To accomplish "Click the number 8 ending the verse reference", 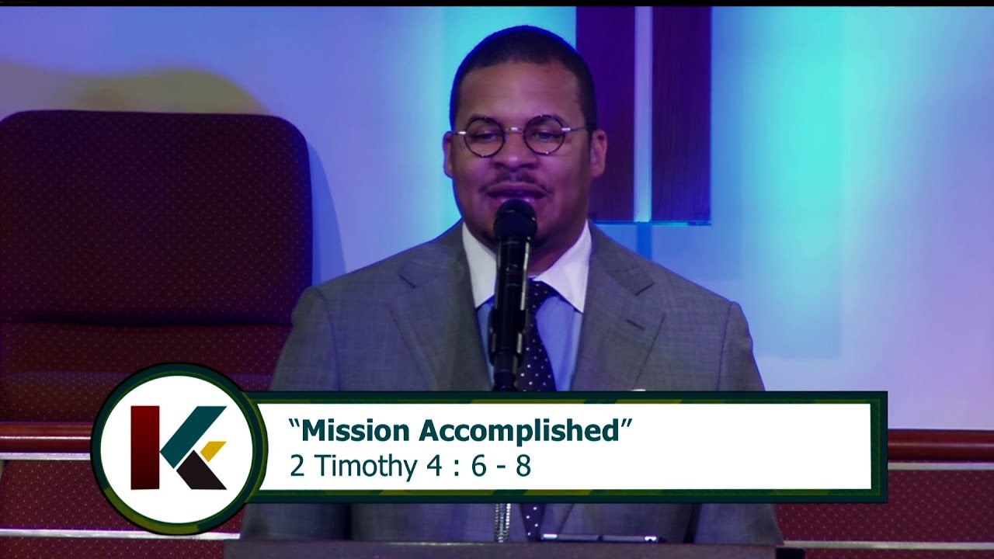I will pyautogui.click(x=523, y=466).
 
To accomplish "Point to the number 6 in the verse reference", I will pyautogui.click(x=478, y=466).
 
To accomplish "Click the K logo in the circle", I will pyautogui.click(x=179, y=448).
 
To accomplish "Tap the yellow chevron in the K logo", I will pyautogui.click(x=213, y=450).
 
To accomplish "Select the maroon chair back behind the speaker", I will pyautogui.click(x=155, y=217).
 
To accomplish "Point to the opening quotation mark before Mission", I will pyautogui.click(x=294, y=424).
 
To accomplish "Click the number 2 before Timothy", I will pyautogui.click(x=297, y=466).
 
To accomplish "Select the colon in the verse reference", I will pyautogui.click(x=447, y=467).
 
